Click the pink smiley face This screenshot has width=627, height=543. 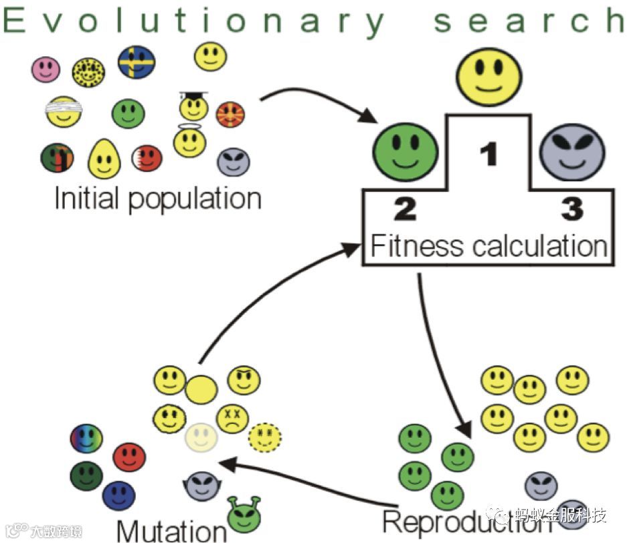(x=46, y=69)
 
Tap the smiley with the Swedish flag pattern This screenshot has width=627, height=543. (x=137, y=62)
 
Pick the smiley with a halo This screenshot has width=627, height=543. (x=189, y=141)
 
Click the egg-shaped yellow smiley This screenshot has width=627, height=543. (x=104, y=158)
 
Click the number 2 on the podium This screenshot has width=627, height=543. (x=404, y=209)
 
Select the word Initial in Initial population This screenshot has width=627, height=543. (x=85, y=199)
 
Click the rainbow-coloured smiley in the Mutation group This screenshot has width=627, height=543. (x=87, y=439)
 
